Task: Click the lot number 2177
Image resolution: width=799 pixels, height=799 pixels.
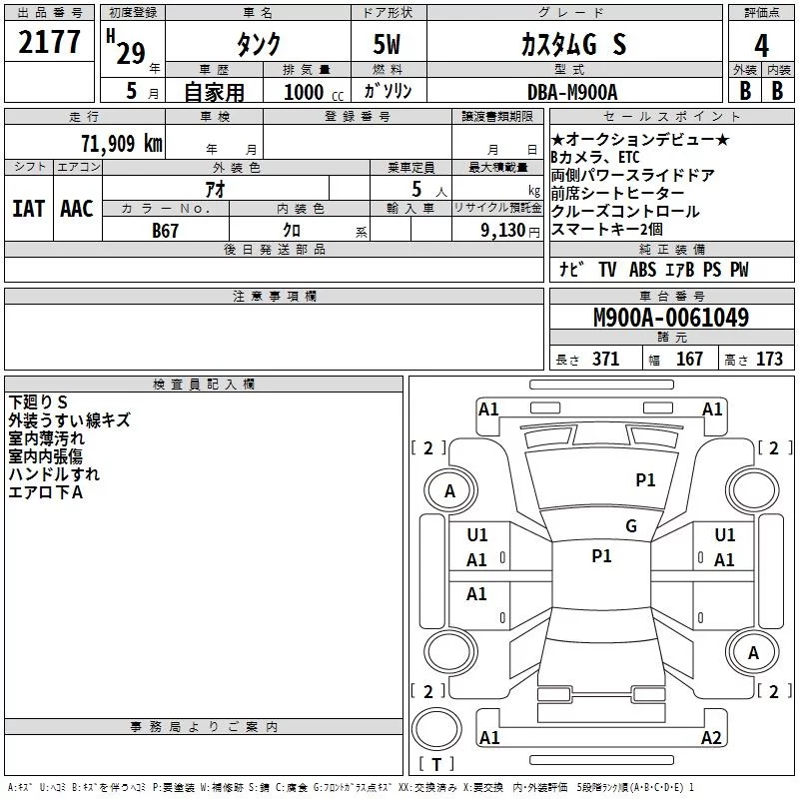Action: (x=49, y=41)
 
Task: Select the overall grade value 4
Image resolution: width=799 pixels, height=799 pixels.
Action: (x=761, y=45)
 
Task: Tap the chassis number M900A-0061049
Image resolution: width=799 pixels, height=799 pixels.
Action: (x=671, y=317)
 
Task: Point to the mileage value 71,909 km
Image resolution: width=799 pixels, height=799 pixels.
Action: (x=122, y=143)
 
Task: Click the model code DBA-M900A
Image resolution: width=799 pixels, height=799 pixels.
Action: (x=572, y=92)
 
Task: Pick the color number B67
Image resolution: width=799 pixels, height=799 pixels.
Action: (x=165, y=231)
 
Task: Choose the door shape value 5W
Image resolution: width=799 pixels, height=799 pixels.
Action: (x=387, y=44)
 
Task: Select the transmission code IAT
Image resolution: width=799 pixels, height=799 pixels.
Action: (x=28, y=209)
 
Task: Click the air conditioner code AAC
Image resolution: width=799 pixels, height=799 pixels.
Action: (x=77, y=209)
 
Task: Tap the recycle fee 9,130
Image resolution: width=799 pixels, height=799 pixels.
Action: (x=503, y=231)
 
